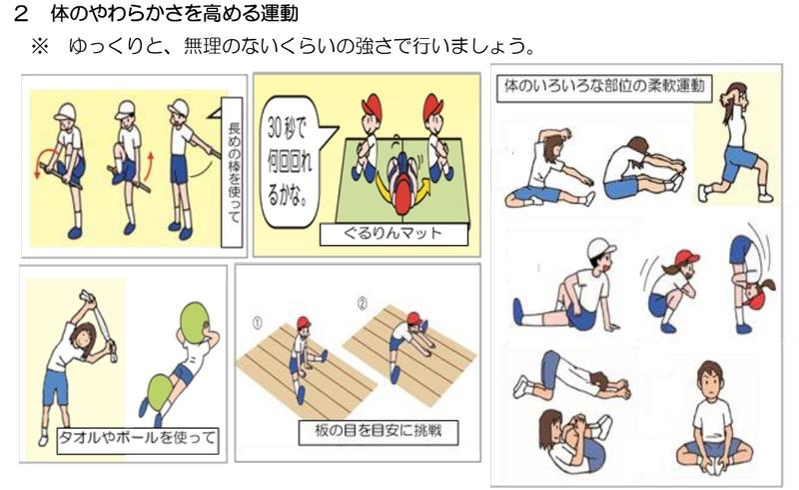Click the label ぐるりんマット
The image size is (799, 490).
click(394, 234)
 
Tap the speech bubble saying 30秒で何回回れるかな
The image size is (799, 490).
click(292, 161)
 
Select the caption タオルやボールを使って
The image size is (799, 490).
click(138, 440)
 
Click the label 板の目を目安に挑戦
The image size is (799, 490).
click(379, 432)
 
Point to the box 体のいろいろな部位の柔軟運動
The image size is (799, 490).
click(604, 86)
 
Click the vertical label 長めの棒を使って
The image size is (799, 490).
click(232, 174)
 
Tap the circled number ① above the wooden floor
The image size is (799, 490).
click(258, 323)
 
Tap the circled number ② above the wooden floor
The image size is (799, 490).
click(362, 304)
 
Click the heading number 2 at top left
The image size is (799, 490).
click(20, 14)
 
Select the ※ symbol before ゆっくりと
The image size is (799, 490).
click(40, 46)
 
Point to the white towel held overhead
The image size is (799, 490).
click(100, 323)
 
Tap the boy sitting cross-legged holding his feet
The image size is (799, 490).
click(713, 420)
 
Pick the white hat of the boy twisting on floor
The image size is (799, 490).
click(600, 249)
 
